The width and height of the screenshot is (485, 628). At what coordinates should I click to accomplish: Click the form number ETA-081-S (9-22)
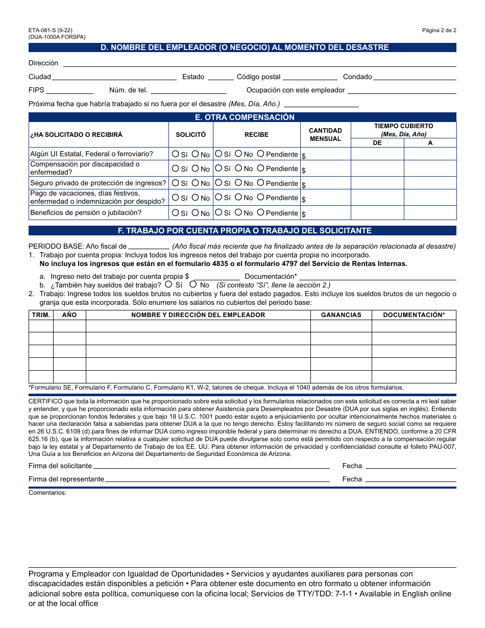coord(51,30)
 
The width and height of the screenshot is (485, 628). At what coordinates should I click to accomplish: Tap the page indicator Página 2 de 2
coord(439,30)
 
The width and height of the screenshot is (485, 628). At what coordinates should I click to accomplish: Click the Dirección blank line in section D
coord(259,63)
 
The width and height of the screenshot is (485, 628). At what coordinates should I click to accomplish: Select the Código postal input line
coord(310,77)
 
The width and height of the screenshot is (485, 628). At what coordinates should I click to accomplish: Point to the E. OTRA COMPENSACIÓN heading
coord(243,117)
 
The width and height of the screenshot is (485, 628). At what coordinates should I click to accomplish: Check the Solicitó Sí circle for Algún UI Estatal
coord(176,154)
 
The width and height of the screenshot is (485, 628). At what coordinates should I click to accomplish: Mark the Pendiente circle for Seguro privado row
coord(260,183)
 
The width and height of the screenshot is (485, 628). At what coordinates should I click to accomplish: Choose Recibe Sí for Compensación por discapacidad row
coord(219,168)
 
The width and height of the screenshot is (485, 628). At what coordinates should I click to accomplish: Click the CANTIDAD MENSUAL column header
coord(325,135)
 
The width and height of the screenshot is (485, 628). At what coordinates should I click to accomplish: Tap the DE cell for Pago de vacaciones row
coord(377,198)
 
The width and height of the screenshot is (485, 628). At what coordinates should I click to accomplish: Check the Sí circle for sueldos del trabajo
coord(168,284)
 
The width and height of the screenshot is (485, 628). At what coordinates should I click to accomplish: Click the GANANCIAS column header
coord(341,315)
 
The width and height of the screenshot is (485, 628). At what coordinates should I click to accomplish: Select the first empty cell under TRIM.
coord(41,326)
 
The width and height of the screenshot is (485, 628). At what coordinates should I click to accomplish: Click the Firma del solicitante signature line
coord(211,466)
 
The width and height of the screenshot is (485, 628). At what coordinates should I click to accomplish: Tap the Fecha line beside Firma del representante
coord(411,479)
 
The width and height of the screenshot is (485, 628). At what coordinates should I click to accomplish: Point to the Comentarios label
coord(47,493)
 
